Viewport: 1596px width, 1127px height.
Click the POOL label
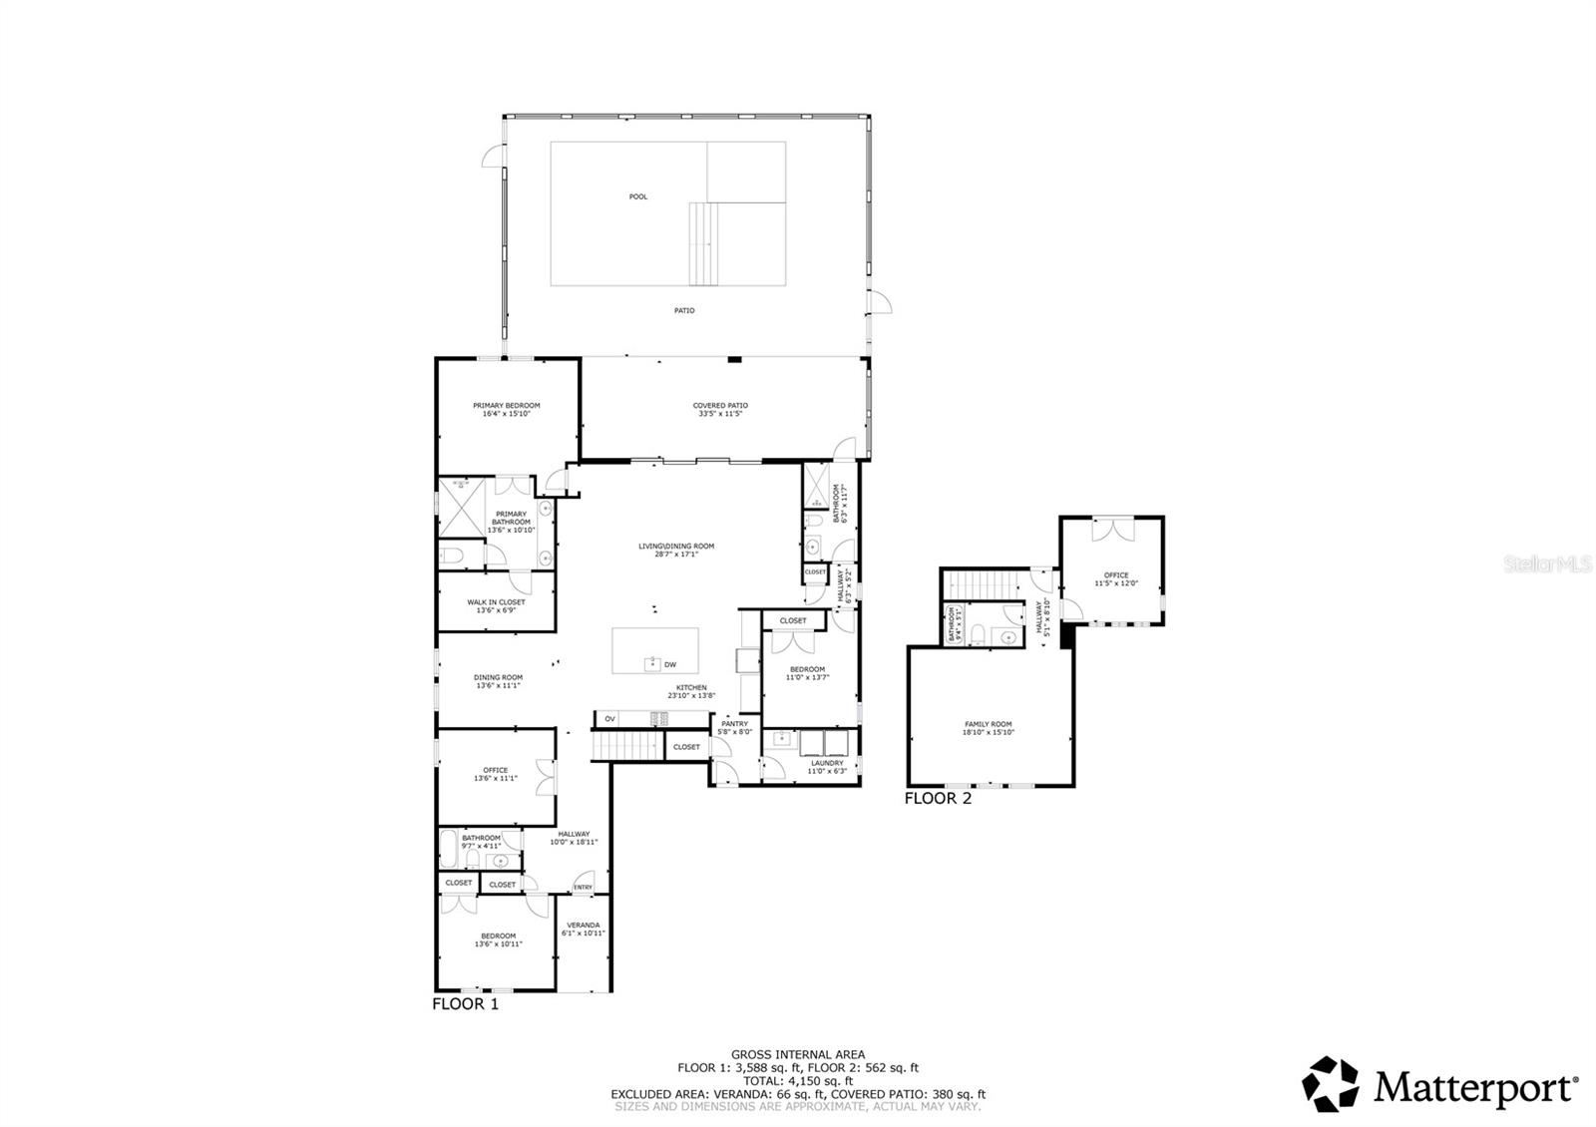coord(637,196)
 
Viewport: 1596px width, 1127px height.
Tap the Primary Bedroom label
coord(506,405)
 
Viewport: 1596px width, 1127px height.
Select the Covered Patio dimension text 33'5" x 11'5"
coord(720,413)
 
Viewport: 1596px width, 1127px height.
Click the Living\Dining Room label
coord(676,546)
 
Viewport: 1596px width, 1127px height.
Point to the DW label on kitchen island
coord(670,664)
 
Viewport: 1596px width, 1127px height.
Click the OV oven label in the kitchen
coord(609,718)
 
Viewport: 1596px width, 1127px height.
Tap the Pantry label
coord(735,724)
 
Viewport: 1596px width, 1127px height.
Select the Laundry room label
coord(827,763)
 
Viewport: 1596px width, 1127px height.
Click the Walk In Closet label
coord(496,602)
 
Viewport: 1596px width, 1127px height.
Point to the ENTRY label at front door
coord(584,888)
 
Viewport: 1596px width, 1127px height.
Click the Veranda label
coord(584,925)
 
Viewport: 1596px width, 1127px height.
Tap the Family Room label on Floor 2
coord(988,724)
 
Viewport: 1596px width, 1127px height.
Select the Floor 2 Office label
coord(1115,575)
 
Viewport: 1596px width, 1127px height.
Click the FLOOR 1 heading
coord(465,1004)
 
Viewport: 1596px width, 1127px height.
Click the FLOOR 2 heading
coord(938,798)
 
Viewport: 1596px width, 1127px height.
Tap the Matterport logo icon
coord(1332,1084)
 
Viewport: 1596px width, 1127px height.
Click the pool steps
coord(703,243)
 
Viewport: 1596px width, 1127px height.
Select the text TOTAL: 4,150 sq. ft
coord(797,1080)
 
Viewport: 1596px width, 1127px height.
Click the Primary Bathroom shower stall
coord(460,509)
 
